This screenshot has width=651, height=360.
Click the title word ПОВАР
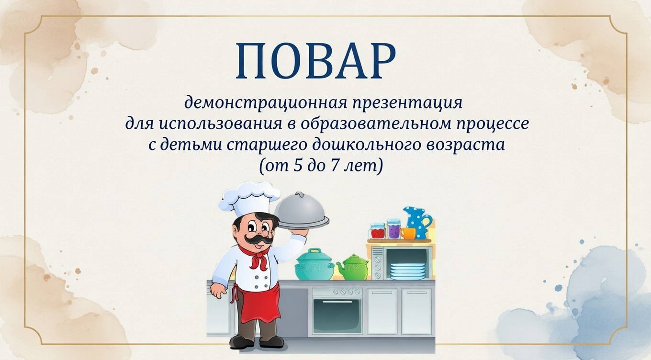tap(315, 61)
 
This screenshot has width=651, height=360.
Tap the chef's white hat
tap(248, 197)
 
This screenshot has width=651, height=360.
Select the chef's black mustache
tap(254, 237)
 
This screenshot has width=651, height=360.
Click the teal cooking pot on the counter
tap(314, 265)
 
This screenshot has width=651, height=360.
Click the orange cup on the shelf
tap(408, 233)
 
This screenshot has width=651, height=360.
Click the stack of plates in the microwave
tap(407, 271)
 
